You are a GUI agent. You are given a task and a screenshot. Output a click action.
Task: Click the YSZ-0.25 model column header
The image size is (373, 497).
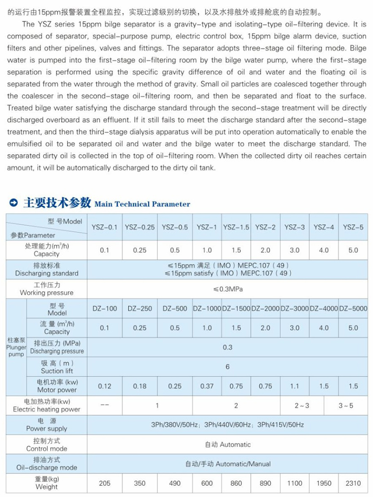click(140, 227)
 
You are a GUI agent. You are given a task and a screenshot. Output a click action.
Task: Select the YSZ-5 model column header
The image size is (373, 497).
click(353, 227)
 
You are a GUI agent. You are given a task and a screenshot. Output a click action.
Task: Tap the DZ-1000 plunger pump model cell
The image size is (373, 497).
click(207, 309)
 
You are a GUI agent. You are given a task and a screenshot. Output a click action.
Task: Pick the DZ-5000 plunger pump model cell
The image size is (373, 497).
click(353, 309)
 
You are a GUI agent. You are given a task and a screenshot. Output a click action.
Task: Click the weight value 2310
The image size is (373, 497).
click(353, 483)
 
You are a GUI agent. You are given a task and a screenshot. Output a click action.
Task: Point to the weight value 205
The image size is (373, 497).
click(104, 483)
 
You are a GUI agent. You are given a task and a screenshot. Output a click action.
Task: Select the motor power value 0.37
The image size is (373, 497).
click(207, 386)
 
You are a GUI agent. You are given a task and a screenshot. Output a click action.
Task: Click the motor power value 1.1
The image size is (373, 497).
click(294, 386)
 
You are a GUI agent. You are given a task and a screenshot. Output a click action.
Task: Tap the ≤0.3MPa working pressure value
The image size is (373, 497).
click(227, 289)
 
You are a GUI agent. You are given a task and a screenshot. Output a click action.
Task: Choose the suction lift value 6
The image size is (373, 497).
click(227, 367)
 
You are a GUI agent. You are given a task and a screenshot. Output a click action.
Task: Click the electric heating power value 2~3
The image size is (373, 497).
click(302, 406)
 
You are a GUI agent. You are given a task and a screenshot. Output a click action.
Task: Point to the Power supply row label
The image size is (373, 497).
click(46, 425)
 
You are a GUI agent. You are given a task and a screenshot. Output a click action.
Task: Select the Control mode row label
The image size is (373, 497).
click(46, 445)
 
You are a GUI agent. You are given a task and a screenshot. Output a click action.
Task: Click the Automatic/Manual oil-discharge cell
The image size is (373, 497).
click(227, 464)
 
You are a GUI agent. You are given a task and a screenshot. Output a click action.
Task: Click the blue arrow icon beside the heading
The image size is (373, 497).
click(14, 204)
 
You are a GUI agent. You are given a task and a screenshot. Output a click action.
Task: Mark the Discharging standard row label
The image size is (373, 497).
click(46, 270)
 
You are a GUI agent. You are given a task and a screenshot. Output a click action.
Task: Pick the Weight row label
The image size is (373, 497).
click(46, 483)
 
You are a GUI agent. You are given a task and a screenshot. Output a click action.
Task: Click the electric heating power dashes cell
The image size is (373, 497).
click(104, 406)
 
